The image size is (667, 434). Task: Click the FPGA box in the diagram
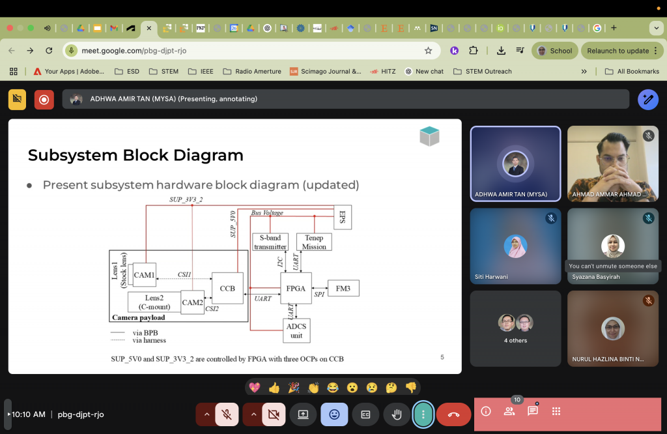coord(296,288)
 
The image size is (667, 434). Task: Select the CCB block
coord(227,288)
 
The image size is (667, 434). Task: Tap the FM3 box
coord(343,288)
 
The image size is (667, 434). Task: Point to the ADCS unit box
coord(296,330)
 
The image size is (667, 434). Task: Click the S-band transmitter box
coord(270,242)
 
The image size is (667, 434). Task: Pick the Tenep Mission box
coord(314,242)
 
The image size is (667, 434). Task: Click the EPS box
coord(343,217)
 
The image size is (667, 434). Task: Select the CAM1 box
coord(145,275)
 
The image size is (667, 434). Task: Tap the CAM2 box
coord(192,302)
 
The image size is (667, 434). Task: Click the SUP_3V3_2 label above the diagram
coord(186,199)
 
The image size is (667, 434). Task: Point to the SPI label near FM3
coord(319,294)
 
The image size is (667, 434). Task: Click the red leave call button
coord(453,414)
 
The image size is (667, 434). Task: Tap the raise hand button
coord(397,414)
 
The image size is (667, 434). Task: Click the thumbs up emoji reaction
coord(274,388)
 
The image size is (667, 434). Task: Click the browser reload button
coord(49,51)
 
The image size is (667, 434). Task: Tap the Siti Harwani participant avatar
coord(516,246)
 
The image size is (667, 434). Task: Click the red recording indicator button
coord(44,100)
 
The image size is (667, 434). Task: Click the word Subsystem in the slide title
coord(73,156)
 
